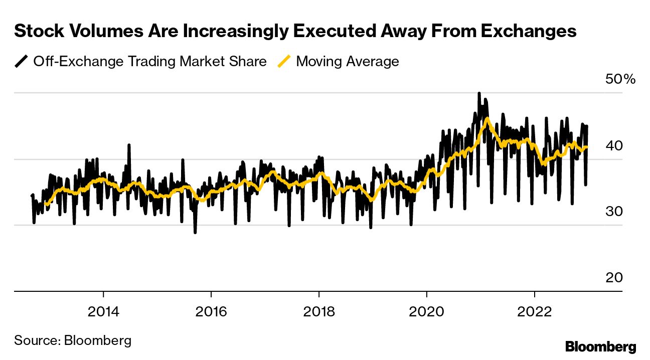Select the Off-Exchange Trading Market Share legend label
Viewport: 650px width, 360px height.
point(150,62)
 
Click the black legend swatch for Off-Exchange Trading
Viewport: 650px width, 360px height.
point(22,62)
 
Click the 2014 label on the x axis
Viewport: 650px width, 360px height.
point(103,312)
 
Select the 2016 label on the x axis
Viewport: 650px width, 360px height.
point(211,312)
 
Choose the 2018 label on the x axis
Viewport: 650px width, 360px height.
point(319,312)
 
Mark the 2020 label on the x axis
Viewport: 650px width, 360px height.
point(427,312)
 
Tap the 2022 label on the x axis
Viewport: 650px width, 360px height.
point(535,312)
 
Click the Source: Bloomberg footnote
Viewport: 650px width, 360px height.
point(73,340)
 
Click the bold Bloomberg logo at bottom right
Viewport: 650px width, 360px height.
point(600,346)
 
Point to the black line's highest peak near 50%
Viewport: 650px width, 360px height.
point(479,94)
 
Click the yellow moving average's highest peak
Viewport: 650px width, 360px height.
point(486,119)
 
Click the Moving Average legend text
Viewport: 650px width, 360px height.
point(348,62)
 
